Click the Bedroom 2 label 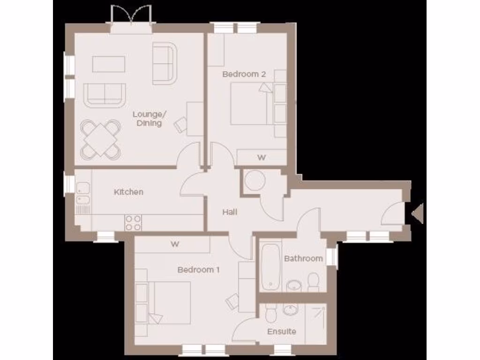pos(244,74)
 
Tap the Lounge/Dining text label pos(147,119)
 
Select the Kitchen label pos(128,192)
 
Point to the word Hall pos(230,212)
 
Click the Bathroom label pos(303,258)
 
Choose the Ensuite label pos(282,331)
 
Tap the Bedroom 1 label pos(199,270)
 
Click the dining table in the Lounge pos(100,139)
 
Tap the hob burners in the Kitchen pos(133,222)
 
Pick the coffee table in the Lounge pos(109,64)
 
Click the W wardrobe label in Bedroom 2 pos(261,158)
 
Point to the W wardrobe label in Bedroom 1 pos(175,244)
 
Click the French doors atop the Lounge pos(131,19)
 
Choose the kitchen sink pos(83,195)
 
